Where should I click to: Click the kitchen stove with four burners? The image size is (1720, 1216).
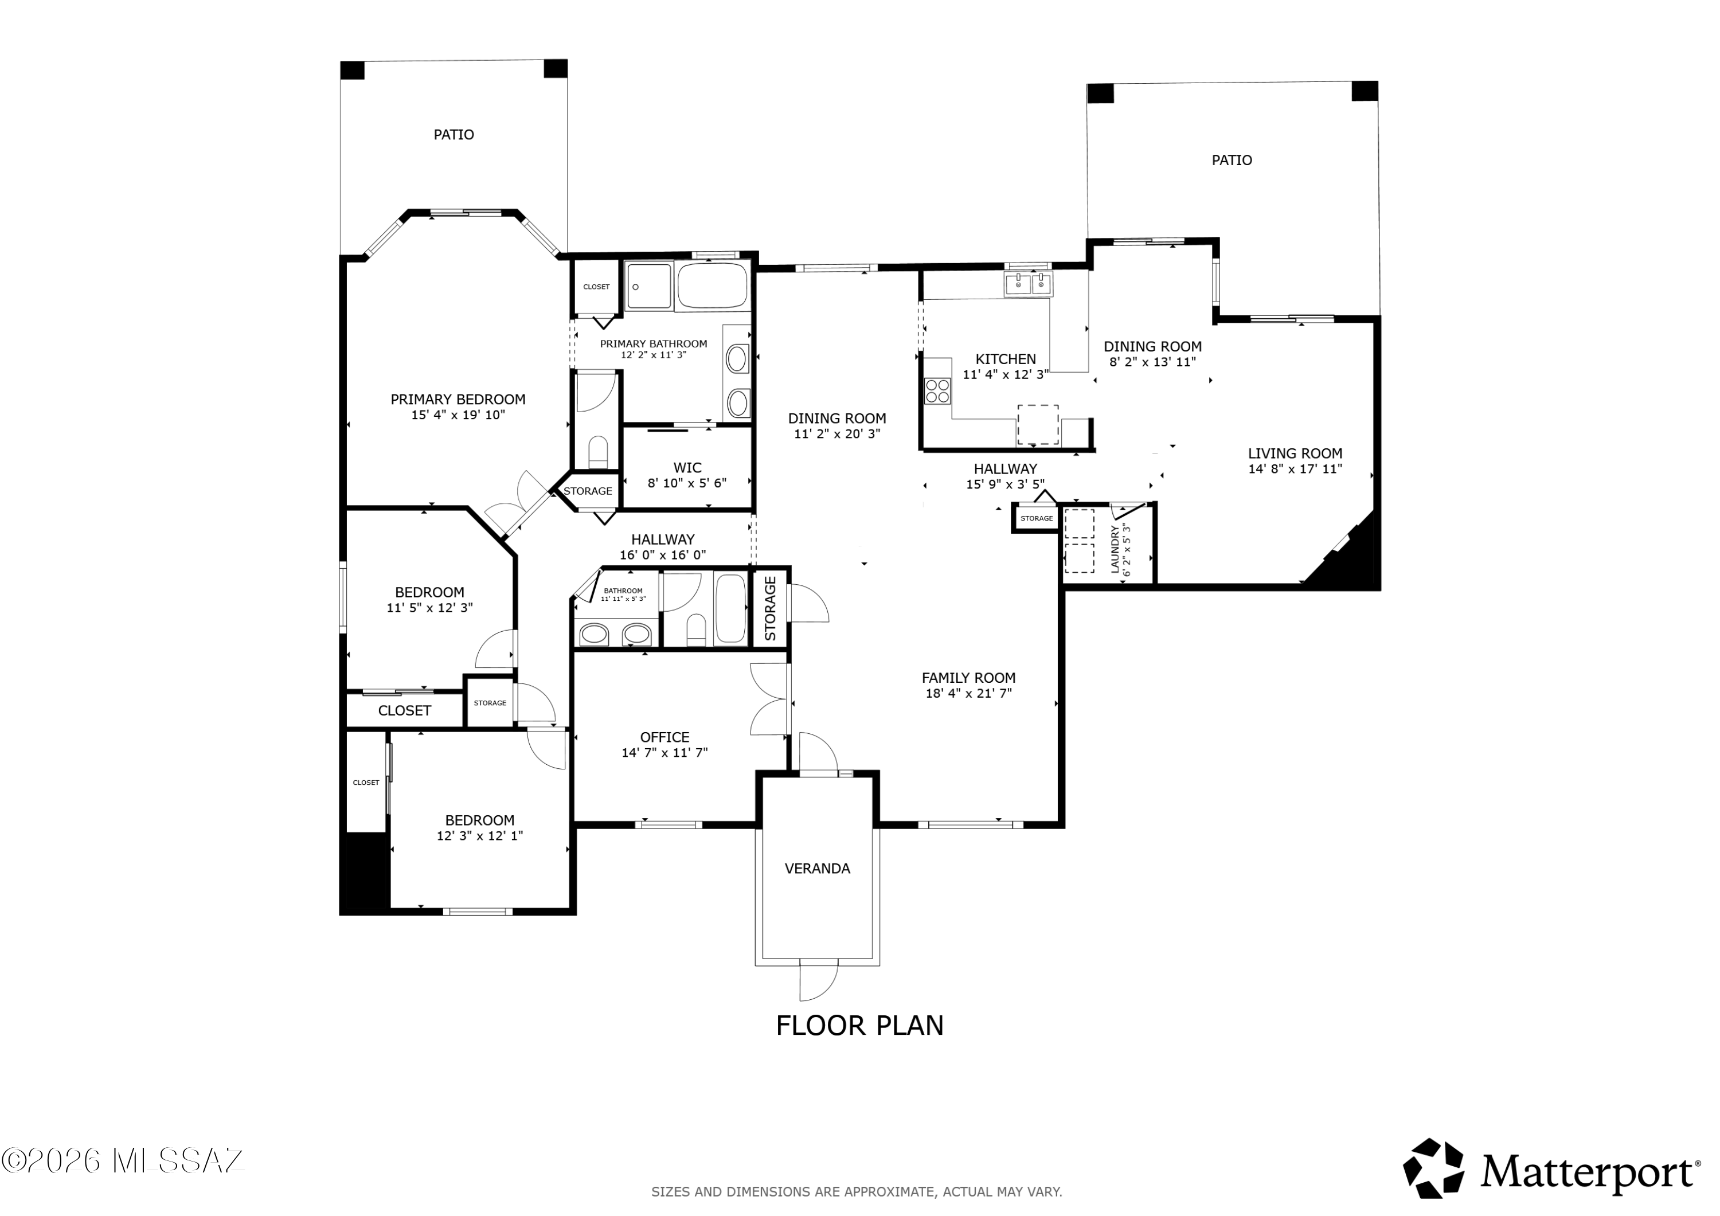tap(937, 391)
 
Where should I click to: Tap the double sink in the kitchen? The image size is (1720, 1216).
tap(1029, 285)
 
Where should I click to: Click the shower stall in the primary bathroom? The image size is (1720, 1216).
tap(649, 286)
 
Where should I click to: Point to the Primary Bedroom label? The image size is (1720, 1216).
tap(458, 400)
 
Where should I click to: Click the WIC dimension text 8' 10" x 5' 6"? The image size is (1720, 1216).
tap(687, 483)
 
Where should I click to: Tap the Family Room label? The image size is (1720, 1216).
tap(968, 677)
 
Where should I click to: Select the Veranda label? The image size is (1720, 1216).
tap(818, 869)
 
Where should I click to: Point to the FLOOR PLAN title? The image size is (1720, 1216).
tap(859, 1026)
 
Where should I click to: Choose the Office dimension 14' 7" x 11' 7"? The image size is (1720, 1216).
tap(664, 753)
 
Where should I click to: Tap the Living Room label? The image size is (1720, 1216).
tap(1295, 453)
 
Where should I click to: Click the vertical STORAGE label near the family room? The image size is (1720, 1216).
tap(770, 608)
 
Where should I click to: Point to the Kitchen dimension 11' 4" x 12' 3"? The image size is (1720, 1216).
tap(1005, 374)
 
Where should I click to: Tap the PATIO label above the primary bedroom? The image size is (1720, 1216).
tap(454, 135)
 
